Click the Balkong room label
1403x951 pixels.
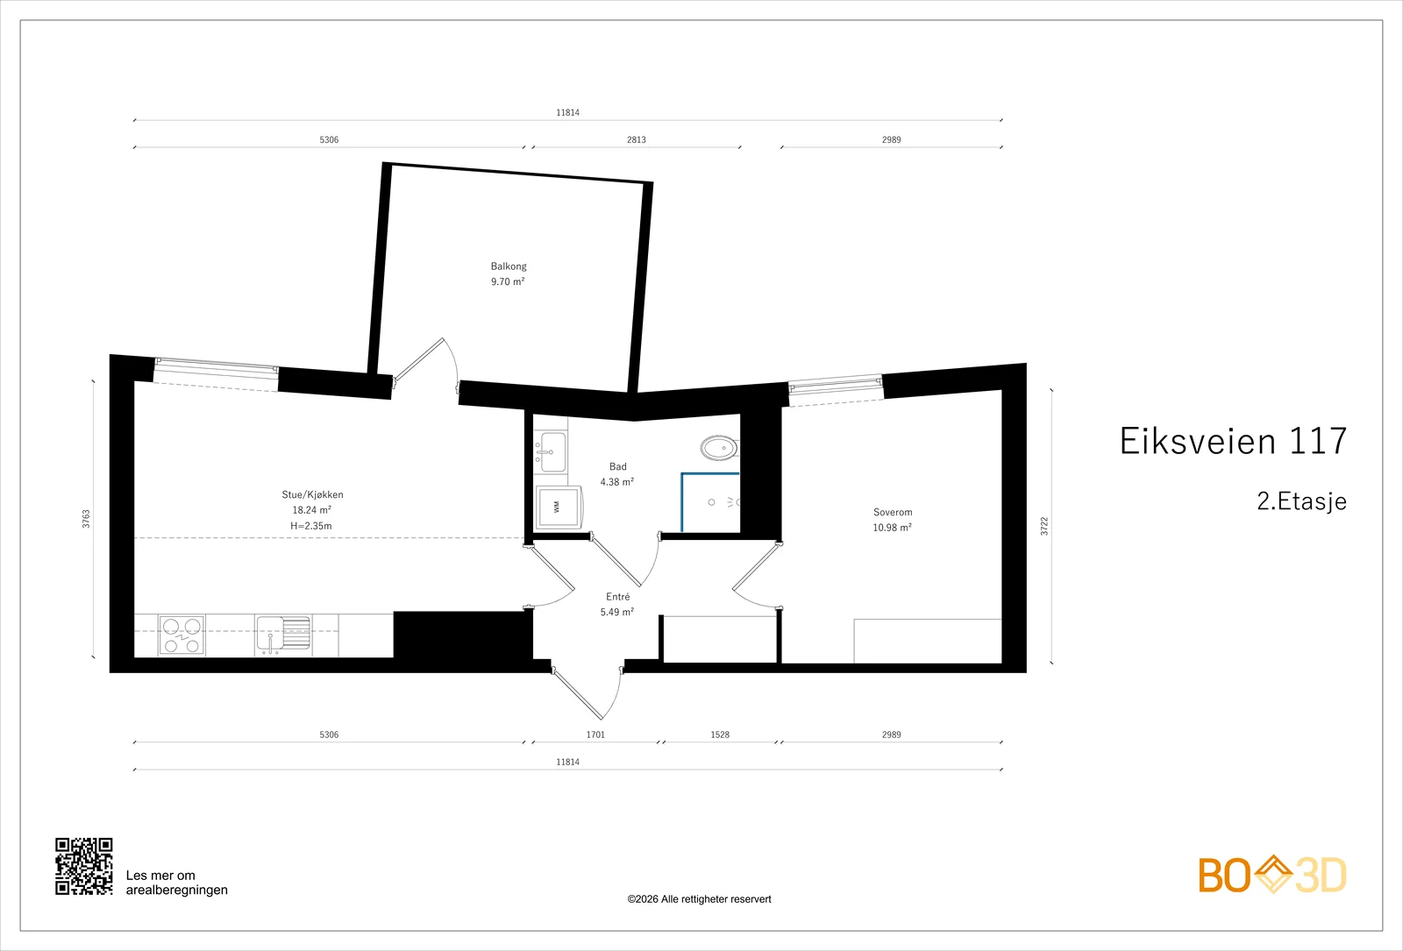click(x=509, y=266)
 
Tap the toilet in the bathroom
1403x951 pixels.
click(x=720, y=448)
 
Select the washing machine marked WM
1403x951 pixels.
click(x=559, y=507)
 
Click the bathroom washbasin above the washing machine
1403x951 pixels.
click(x=552, y=451)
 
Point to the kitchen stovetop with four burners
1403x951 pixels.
click(x=182, y=635)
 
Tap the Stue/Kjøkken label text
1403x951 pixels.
click(x=312, y=494)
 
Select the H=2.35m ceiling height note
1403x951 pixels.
click(x=311, y=526)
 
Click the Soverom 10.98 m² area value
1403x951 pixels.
click(x=893, y=527)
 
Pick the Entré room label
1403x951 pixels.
click(x=618, y=597)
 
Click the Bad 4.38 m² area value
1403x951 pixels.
click(x=617, y=481)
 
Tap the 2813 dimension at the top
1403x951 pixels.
click(x=637, y=139)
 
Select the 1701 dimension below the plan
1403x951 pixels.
click(x=595, y=735)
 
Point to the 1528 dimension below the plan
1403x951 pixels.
click(x=720, y=735)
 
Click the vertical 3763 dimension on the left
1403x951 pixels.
click(x=87, y=519)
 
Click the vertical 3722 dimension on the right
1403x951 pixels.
click(x=1044, y=526)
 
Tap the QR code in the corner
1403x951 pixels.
click(x=84, y=867)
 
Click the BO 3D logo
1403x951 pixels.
click(x=1272, y=874)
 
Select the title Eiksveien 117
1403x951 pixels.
click(x=1233, y=441)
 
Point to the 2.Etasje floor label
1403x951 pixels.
click(x=1301, y=500)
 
